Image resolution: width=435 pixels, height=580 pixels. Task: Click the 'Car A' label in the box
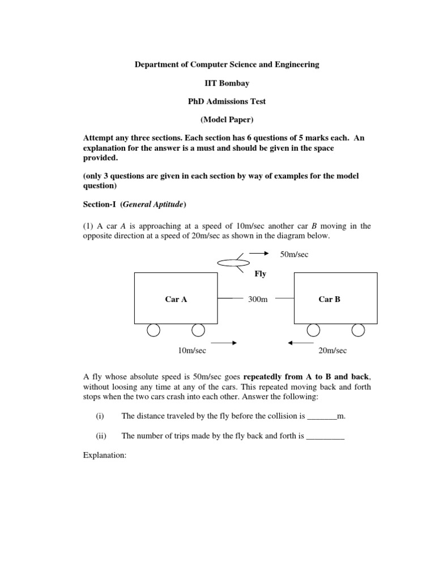click(x=176, y=299)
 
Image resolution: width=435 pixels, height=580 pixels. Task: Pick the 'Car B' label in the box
click(x=330, y=299)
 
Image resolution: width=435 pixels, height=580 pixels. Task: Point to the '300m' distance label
click(x=258, y=299)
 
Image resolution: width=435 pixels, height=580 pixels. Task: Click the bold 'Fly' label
click(x=261, y=274)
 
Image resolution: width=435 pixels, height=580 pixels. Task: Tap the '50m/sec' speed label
click(x=295, y=254)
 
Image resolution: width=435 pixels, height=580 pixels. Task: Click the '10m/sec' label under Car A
click(x=192, y=351)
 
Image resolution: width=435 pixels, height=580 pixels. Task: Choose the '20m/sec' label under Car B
click(x=332, y=351)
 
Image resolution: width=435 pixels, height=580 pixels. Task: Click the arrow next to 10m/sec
click(x=224, y=343)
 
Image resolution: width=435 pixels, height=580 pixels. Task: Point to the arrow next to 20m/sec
click(x=301, y=343)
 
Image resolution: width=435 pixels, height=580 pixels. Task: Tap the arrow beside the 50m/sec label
click(x=260, y=253)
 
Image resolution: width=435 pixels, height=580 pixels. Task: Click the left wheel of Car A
click(x=153, y=330)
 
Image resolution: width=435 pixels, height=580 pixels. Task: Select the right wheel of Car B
click(x=358, y=330)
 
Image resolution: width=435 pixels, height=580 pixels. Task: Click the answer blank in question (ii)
click(x=325, y=437)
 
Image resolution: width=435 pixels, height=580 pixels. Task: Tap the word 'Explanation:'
click(x=105, y=455)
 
